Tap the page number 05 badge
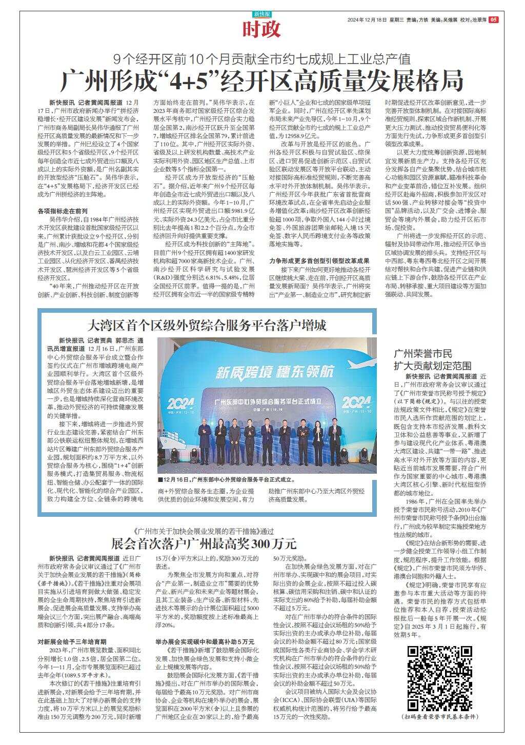coord(493,19)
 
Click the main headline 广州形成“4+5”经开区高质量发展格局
coord(262,80)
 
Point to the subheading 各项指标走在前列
coord(63,211)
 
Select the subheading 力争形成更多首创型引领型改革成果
coord(319,260)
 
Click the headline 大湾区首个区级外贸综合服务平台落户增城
coord(207,325)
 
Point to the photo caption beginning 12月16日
coord(227,480)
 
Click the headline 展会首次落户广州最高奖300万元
coord(204,543)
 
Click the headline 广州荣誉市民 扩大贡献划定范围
coord(432,359)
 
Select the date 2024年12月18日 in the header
coord(367,20)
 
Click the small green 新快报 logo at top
coord(262,14)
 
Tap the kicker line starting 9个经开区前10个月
coord(262,57)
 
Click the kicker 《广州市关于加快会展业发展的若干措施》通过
coord(203,530)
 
